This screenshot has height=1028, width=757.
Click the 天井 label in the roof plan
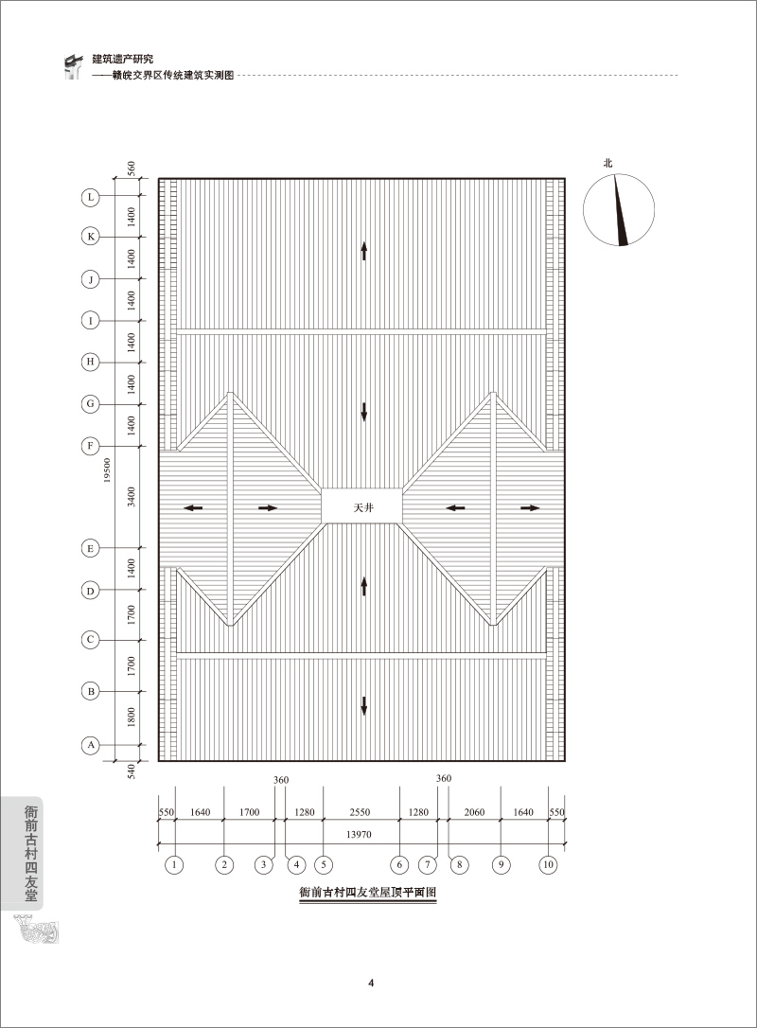[x=363, y=507]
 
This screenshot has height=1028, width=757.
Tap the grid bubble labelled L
[x=91, y=197]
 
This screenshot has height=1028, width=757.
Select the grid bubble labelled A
[x=91, y=745]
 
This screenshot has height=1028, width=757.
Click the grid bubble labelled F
[x=91, y=447]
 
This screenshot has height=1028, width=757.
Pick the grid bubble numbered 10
[x=548, y=865]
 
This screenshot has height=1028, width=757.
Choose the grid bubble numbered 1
[x=174, y=865]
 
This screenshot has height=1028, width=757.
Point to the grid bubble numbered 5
[x=323, y=865]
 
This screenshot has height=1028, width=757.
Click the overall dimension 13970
[x=360, y=834]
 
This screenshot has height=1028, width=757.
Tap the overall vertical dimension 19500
[x=107, y=470]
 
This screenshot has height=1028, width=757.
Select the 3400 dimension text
[x=132, y=496]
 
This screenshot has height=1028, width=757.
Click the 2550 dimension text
[x=360, y=812]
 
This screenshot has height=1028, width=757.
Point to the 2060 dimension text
[x=474, y=812]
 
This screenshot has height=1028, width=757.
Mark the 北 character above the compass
[x=608, y=163]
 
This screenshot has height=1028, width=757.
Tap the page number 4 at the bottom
[x=371, y=983]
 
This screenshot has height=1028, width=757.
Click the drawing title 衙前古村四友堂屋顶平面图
[x=368, y=893]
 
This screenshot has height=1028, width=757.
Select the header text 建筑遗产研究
[x=123, y=59]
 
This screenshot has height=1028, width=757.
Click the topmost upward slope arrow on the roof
[x=363, y=250]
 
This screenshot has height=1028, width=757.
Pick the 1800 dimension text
[x=132, y=718]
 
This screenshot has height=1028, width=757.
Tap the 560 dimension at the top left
[x=131, y=168]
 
